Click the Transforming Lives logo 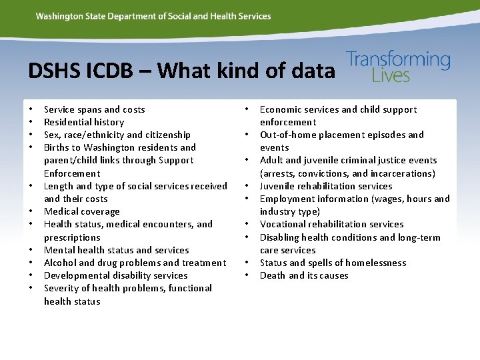[x=398, y=67]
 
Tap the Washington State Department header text [x=153, y=16]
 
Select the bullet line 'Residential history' [x=84, y=122]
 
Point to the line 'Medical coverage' [x=81, y=211]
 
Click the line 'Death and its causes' [x=303, y=275]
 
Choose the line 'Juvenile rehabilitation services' [x=325, y=186]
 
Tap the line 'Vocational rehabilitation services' [x=331, y=224]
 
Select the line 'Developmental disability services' [x=115, y=275]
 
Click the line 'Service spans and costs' [x=94, y=109]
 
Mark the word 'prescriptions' [x=72, y=237]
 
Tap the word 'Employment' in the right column [x=287, y=199]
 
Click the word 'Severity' [x=62, y=288]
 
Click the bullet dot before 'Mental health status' [x=31, y=250]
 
